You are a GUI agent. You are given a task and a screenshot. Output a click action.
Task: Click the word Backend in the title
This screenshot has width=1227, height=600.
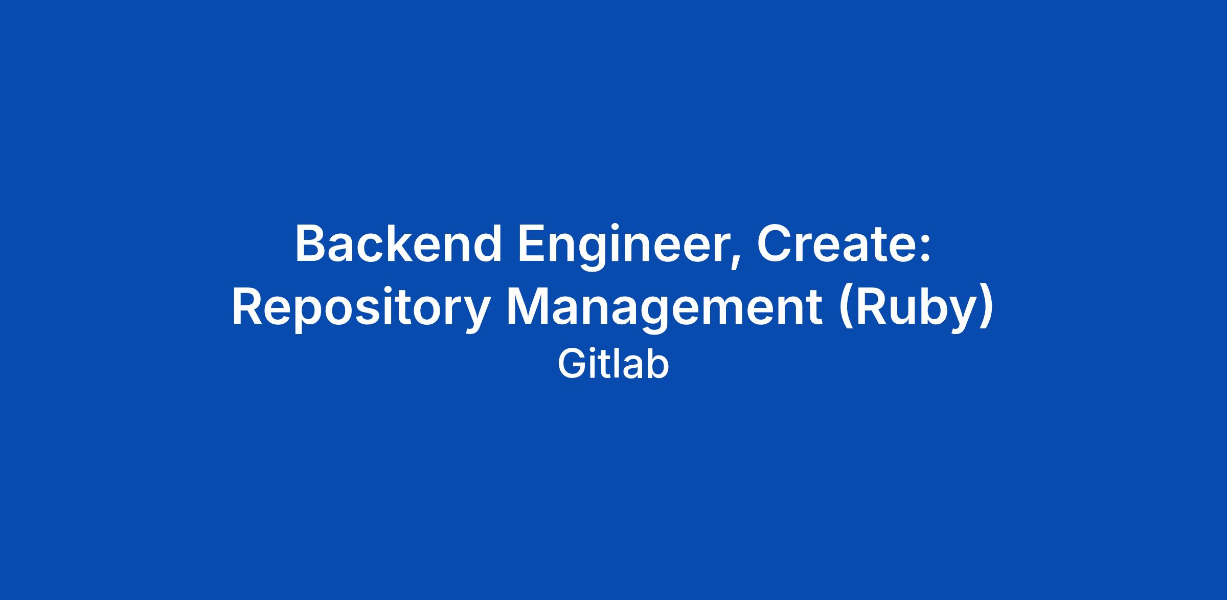click(398, 243)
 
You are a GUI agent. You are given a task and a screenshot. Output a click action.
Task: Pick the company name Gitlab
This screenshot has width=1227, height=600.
click(613, 364)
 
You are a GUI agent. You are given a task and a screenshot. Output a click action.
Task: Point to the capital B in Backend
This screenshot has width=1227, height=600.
click(311, 243)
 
